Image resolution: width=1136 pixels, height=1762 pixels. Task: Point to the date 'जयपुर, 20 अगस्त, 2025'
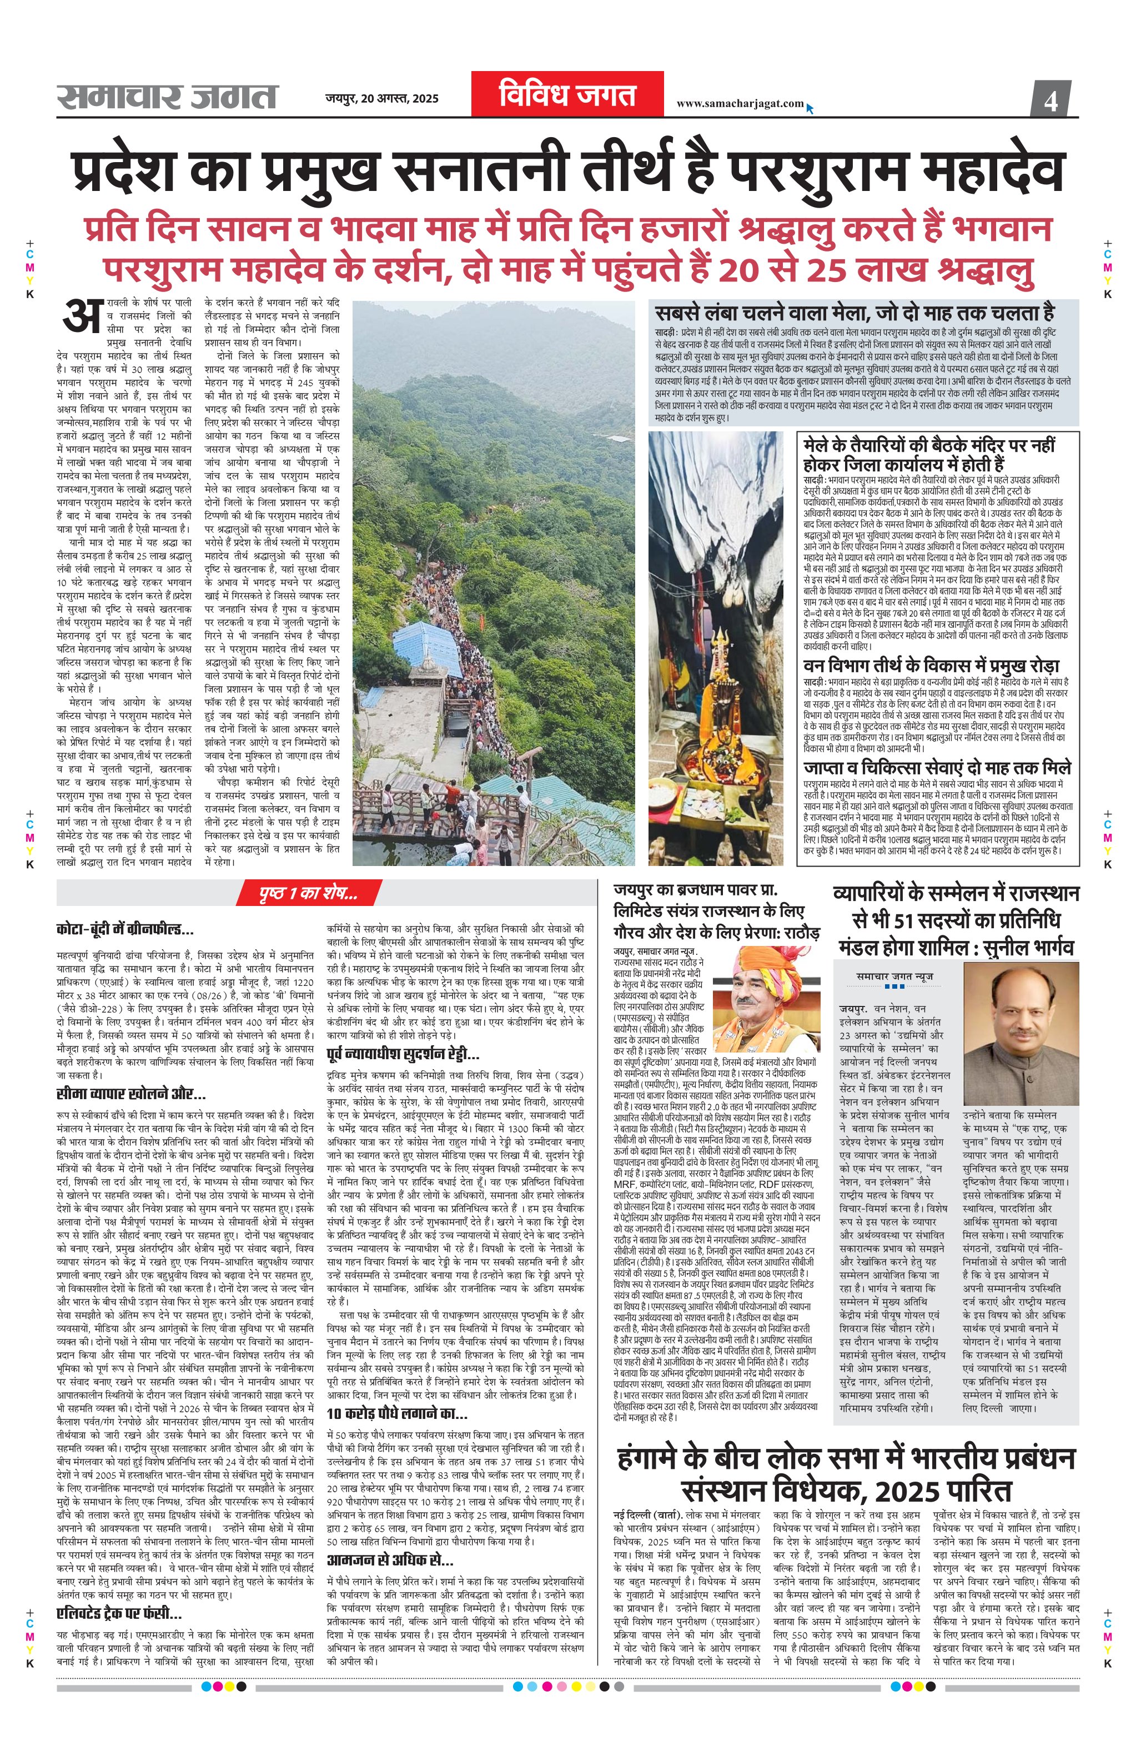(x=381, y=98)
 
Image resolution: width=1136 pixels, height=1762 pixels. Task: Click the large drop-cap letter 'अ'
(x=81, y=315)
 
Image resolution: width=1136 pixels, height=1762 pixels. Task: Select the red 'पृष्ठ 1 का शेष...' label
(x=308, y=893)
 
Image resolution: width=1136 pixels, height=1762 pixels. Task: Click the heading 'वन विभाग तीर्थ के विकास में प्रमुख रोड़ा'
(x=931, y=665)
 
